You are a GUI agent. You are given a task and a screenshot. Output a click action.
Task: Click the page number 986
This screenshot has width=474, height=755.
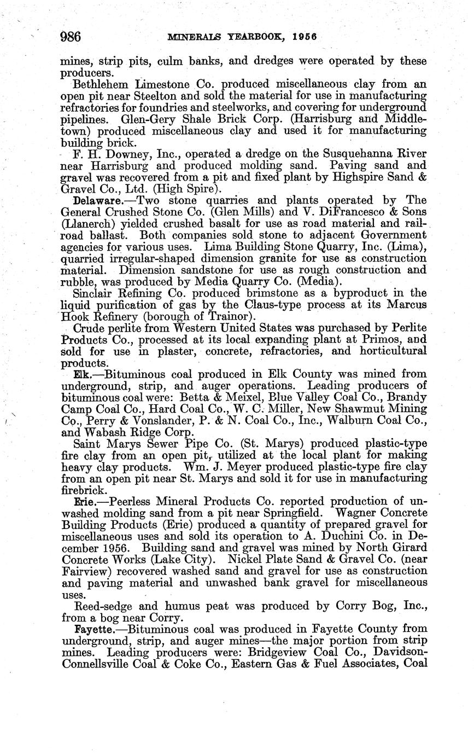click(x=71, y=37)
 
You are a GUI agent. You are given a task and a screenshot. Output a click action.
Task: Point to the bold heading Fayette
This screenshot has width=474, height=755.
click(x=96, y=629)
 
